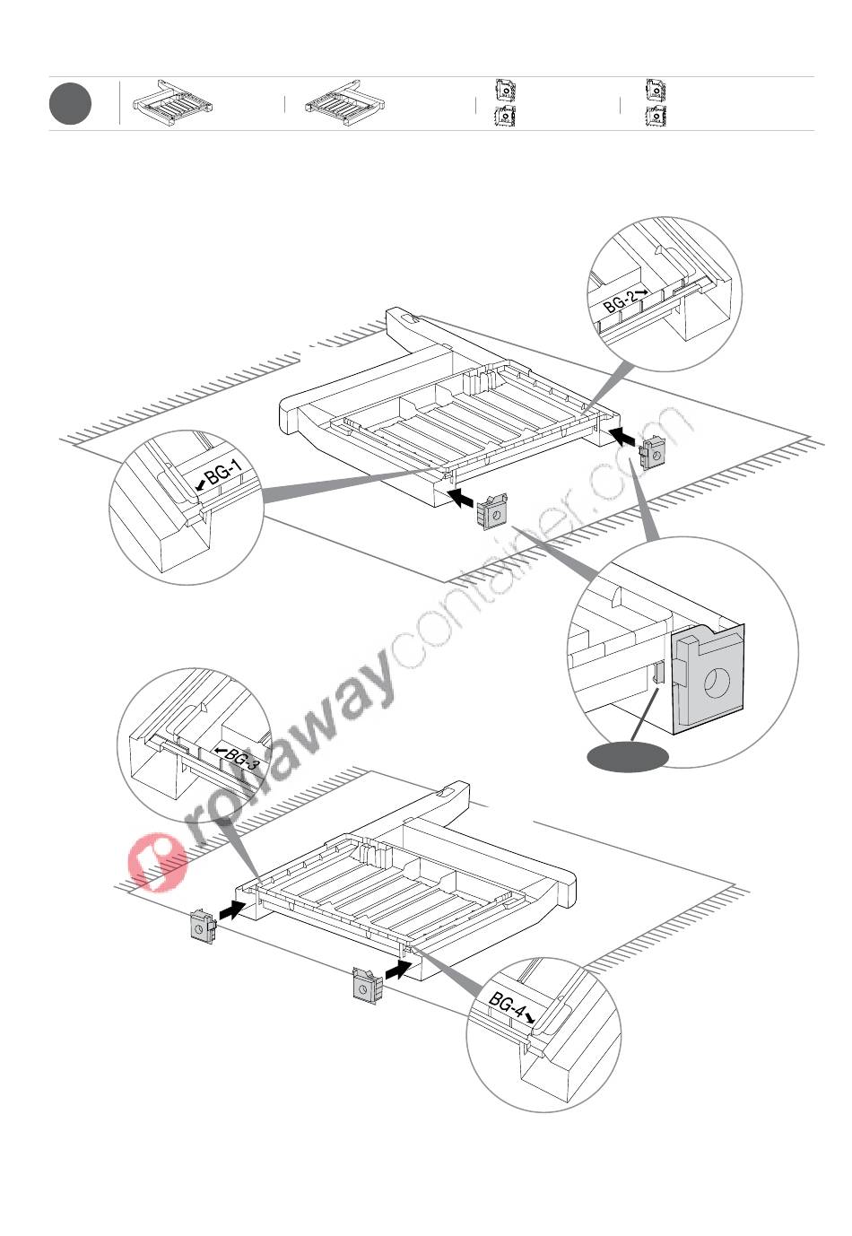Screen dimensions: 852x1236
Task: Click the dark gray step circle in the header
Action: click(70, 104)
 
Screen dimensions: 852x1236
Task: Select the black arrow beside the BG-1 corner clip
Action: click(460, 496)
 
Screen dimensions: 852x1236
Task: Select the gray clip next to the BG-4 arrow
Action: click(367, 986)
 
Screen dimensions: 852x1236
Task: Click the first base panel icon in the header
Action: click(172, 104)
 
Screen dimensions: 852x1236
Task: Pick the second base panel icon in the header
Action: click(344, 104)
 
